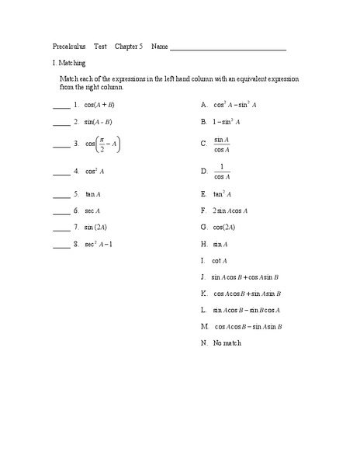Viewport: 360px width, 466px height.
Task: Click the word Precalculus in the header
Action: tap(69, 46)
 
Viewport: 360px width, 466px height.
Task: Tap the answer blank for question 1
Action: tap(61, 106)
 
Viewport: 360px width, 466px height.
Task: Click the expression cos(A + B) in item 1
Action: tap(99, 104)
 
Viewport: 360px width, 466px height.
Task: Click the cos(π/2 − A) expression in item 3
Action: tap(102, 144)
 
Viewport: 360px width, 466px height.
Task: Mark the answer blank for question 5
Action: tap(61, 196)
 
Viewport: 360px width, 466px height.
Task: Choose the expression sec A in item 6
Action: tap(92, 210)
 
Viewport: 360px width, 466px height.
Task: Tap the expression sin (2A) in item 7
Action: tap(96, 228)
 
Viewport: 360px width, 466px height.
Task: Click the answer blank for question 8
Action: tap(61, 246)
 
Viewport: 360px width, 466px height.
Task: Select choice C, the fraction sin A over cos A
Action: tap(222, 144)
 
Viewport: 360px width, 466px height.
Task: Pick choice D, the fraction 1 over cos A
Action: tap(222, 171)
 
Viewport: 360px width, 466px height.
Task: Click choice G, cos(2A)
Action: tap(224, 228)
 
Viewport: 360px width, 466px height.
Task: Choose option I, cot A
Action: tap(220, 261)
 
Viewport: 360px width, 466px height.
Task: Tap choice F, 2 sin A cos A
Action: tap(230, 210)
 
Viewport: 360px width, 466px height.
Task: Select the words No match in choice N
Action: tap(227, 343)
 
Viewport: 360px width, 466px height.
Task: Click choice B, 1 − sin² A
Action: tap(227, 122)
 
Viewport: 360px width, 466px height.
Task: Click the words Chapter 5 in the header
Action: tap(129, 46)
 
